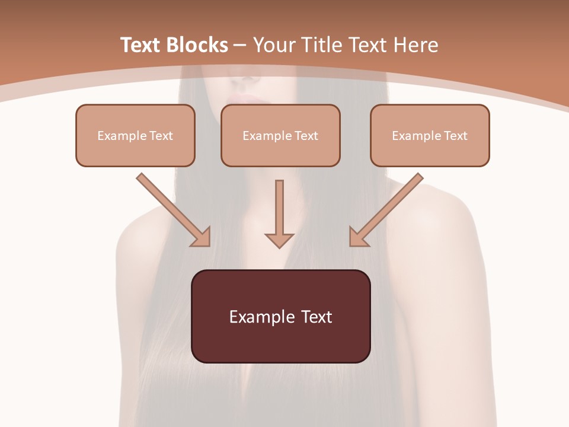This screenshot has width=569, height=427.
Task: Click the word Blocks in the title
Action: pos(197,45)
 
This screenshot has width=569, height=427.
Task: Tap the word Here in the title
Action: pos(416,45)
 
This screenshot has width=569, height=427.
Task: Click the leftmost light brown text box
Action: pos(135,135)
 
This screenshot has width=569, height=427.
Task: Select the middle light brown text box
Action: pos(280,135)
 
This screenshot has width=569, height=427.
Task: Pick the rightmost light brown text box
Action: pos(430,135)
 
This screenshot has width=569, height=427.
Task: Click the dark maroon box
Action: pos(281,316)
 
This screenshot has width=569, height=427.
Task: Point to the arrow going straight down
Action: pos(279,214)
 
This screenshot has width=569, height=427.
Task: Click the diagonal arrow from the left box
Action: pos(174,210)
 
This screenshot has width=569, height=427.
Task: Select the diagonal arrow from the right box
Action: pos(386,210)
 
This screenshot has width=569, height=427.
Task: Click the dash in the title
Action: pos(240,46)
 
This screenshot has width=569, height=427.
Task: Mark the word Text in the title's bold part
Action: pos(142,45)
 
